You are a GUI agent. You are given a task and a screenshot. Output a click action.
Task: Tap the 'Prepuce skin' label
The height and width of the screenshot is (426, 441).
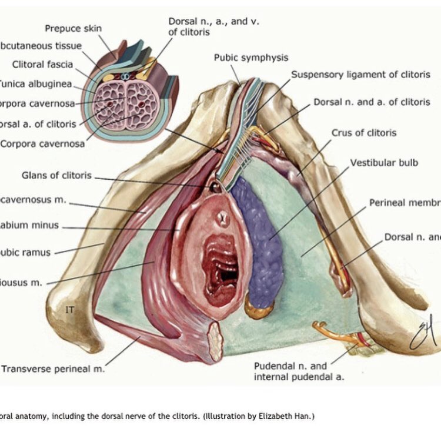73,28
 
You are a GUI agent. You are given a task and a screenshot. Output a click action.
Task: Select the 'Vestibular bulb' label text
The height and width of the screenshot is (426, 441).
384,163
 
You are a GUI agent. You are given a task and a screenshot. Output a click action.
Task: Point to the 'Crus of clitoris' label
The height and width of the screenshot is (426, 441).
364,133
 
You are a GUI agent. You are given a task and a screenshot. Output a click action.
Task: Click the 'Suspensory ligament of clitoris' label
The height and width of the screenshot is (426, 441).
361,75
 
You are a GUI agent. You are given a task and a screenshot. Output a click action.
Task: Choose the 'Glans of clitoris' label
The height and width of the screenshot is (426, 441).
56,175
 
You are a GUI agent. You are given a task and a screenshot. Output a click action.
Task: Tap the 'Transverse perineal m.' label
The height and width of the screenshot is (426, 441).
53,370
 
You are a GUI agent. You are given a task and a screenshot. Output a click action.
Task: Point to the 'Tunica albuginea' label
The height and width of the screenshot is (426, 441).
35,83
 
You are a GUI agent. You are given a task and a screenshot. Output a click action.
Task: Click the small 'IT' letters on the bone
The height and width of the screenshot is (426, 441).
70,309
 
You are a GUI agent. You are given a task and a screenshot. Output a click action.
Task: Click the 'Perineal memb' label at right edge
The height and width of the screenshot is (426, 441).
405,203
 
